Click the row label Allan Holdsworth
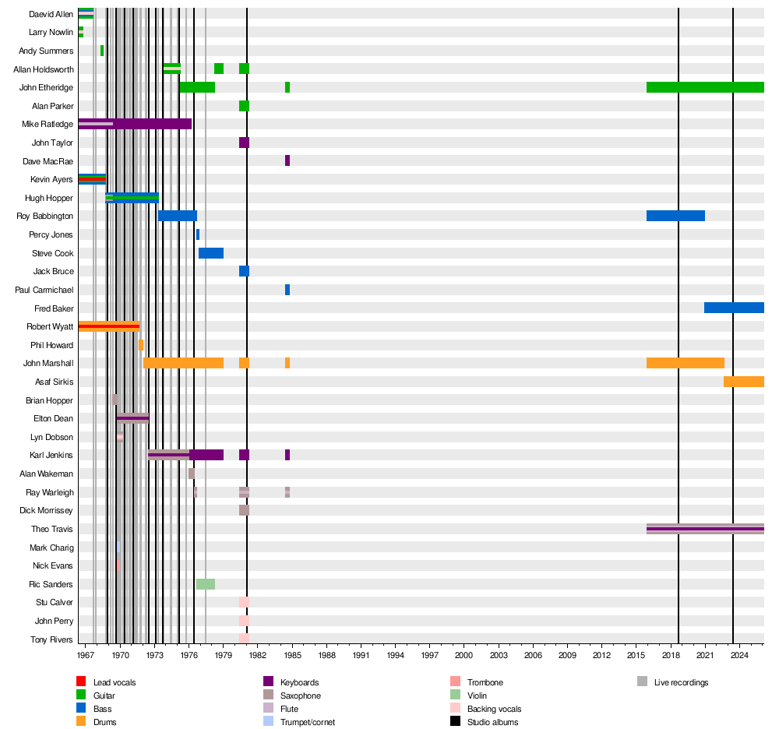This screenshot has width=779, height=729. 44,69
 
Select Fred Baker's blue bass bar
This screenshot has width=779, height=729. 734,308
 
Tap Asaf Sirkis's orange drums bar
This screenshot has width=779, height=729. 743,382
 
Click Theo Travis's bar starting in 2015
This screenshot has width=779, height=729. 705,529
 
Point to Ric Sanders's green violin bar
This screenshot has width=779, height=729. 206,584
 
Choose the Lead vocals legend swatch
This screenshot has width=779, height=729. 82,682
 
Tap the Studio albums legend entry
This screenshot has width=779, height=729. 492,722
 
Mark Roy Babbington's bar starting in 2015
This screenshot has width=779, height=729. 675,216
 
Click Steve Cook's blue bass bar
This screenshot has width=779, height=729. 211,253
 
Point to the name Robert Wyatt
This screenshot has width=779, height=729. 50,326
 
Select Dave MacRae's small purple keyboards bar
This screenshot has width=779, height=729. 287,160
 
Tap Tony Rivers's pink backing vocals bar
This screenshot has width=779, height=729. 244,639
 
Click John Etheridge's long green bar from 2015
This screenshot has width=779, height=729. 705,87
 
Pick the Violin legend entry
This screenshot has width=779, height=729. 479,696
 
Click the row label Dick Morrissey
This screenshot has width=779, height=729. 46,510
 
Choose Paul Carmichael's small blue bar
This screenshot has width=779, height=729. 287,290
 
